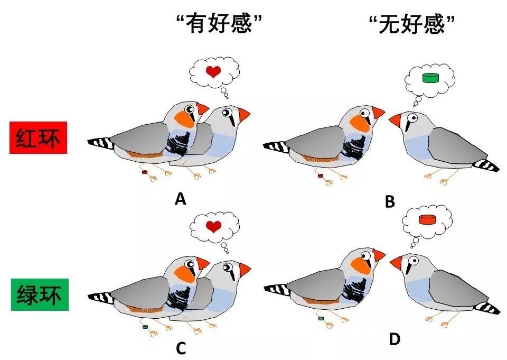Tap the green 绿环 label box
coord(38,294)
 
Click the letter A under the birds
coord(181,199)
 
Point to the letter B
coord(390,201)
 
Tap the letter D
coord(394,339)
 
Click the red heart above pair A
coord(213,71)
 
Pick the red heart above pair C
coord(213,227)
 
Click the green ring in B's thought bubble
coord(431,78)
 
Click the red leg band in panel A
coord(144,172)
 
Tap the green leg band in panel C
coord(144,327)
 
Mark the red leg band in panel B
coord(320,176)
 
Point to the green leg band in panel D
coord(320,318)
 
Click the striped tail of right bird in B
coord(486,165)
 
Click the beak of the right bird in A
coord(243,114)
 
